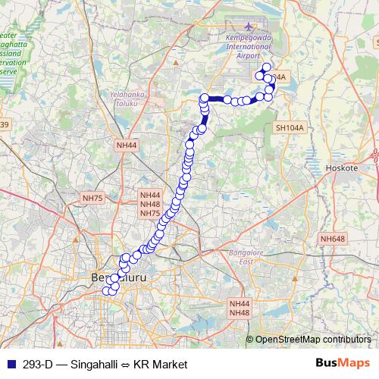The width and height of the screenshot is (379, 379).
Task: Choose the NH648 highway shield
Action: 332,240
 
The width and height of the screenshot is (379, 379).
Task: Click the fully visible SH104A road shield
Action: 290,129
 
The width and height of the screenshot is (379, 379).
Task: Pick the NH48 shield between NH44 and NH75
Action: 150,204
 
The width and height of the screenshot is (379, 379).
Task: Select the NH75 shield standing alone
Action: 92,198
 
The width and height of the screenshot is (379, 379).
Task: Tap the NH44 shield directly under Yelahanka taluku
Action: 127,145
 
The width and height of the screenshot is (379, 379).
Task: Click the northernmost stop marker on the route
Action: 266,67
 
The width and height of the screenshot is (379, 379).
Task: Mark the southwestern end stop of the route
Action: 107,292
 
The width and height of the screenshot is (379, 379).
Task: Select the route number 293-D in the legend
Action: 38,364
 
